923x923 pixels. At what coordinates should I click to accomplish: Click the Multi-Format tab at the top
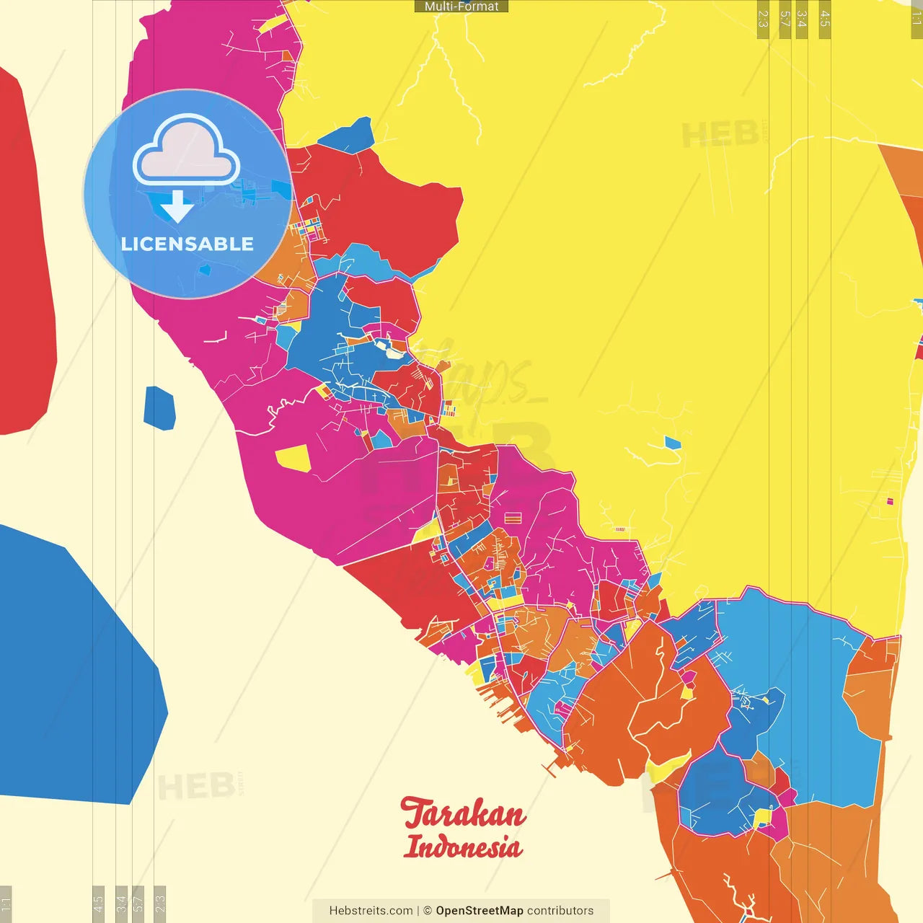coord(461,6)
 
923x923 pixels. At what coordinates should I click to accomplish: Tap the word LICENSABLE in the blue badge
coord(187,244)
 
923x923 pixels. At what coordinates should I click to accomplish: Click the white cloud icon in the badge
coord(186,151)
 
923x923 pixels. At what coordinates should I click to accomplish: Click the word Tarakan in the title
coord(464,814)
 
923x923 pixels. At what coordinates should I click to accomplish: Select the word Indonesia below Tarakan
coord(463,847)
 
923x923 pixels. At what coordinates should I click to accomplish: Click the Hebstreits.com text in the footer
coord(371,911)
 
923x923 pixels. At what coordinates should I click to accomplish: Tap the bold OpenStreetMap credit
coord(479,911)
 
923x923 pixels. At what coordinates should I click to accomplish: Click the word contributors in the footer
coord(560,911)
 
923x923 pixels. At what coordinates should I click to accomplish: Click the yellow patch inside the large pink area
coord(293,458)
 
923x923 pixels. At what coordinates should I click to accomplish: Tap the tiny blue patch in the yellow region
coord(672,443)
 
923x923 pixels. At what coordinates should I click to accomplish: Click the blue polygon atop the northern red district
coord(347,136)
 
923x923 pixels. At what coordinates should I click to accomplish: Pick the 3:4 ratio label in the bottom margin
coord(121,903)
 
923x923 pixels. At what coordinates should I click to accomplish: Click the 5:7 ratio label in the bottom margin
coord(138,903)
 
